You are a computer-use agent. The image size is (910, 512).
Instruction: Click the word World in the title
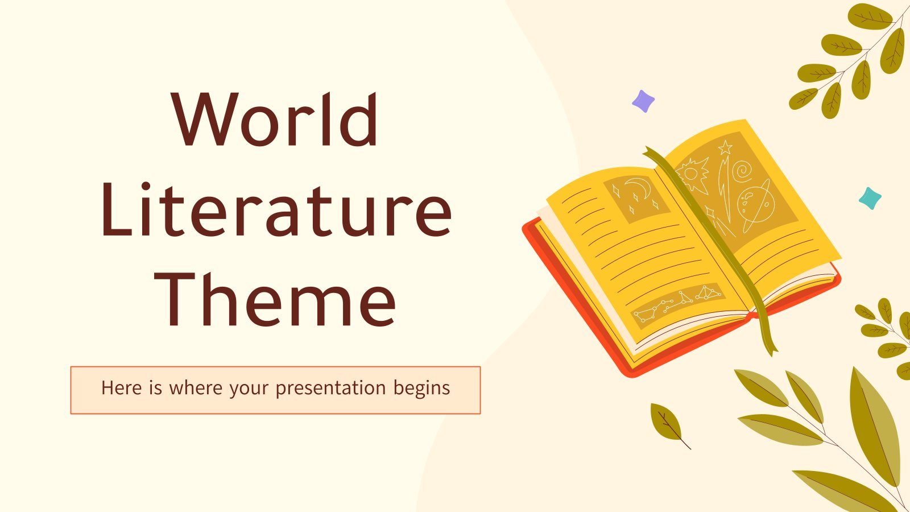click(275, 119)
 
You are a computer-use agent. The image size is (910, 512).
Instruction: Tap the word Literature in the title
click(276, 210)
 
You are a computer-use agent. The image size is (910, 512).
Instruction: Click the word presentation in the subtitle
click(330, 389)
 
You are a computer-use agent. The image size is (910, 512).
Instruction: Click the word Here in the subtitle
click(122, 387)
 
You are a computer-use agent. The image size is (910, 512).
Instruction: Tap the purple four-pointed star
click(643, 101)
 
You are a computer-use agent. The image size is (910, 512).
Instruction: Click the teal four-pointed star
click(870, 199)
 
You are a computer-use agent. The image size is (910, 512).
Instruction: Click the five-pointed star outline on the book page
click(725, 147)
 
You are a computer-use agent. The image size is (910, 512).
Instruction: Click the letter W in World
click(205, 119)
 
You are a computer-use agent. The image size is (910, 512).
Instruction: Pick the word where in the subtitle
click(196, 387)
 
